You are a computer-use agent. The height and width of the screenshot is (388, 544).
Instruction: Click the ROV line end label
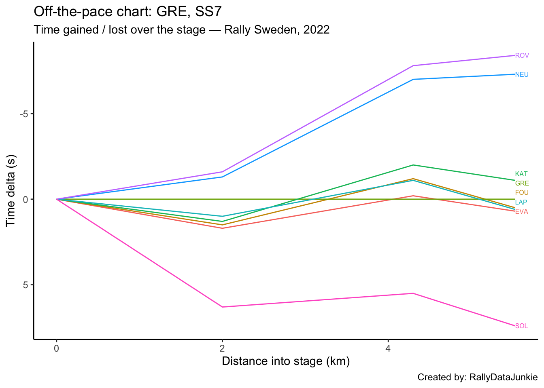coord(522,56)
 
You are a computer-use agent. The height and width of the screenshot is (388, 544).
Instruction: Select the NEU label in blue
coord(522,74)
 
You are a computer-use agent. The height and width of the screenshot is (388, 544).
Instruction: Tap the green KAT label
coord(521,174)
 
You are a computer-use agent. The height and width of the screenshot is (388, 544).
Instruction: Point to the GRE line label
coord(522,183)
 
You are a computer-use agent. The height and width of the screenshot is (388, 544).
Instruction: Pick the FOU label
coord(522,193)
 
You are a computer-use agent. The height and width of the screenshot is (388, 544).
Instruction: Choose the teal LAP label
coord(521,202)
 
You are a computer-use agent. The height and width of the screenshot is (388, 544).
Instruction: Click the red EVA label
coord(521,212)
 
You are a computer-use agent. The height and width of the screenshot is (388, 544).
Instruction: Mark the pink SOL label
coord(521,326)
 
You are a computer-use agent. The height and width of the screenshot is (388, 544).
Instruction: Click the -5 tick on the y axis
coord(24,114)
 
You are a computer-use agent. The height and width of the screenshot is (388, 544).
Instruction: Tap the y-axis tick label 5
coord(26,285)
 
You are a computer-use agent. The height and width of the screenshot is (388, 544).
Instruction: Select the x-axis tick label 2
coord(222,348)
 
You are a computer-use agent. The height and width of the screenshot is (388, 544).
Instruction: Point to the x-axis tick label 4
coord(388,348)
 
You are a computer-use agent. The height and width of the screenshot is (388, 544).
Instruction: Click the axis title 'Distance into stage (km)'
coord(286,361)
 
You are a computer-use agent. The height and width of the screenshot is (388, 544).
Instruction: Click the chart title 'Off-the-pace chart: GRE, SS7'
coord(127,12)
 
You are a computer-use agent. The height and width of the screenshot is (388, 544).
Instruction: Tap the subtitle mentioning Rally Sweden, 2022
coord(182,30)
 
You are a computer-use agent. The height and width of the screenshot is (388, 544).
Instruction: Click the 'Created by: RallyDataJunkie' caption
coord(477,377)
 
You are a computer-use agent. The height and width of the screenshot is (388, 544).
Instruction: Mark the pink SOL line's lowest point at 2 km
coord(222,307)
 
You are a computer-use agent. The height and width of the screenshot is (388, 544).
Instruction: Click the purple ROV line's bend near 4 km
coord(412,65)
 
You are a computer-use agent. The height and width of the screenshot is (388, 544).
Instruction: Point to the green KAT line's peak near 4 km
coord(412,165)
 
